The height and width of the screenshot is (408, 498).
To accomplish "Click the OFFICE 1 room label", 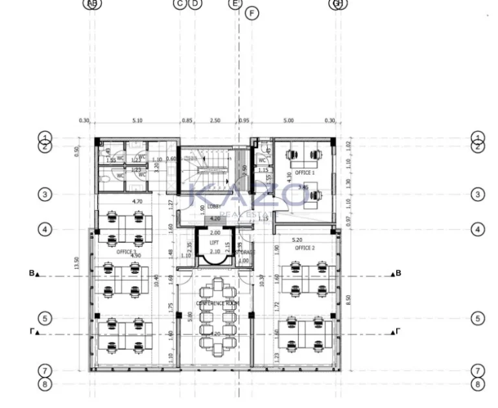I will pos(305,173).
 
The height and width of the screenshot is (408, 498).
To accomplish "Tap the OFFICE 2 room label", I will pos(305,248).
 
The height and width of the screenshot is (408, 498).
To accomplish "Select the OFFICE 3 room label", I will pos(126,251).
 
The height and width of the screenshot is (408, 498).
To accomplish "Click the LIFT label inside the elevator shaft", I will pos(215,243).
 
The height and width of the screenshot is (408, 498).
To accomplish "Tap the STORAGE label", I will pos(244,252).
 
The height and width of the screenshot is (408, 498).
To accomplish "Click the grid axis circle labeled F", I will pos(252,13).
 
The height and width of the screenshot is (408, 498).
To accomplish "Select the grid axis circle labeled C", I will pos(180,4).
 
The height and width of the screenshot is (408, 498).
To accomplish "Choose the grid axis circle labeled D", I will pos(195,4).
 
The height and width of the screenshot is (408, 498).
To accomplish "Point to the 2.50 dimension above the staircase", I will pos(215,121).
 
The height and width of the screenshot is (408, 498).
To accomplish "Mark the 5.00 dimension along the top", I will pos(289,121).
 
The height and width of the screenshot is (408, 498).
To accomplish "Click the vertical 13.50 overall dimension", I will pos(76,263).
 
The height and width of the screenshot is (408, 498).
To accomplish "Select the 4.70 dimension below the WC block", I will pos(137,202).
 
